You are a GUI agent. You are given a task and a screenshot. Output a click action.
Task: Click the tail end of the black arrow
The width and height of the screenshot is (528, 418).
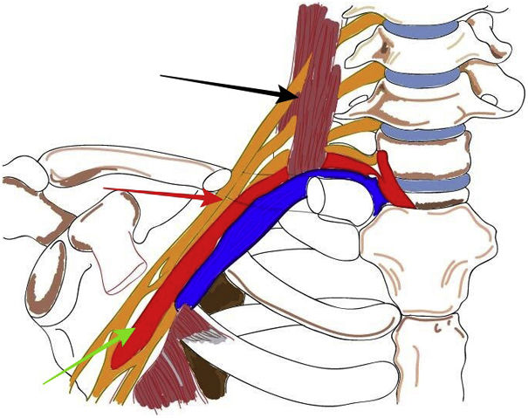pyautogui.click(x=161, y=77)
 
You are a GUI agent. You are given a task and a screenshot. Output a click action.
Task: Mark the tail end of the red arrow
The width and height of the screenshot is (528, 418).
pyautogui.click(x=104, y=188)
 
